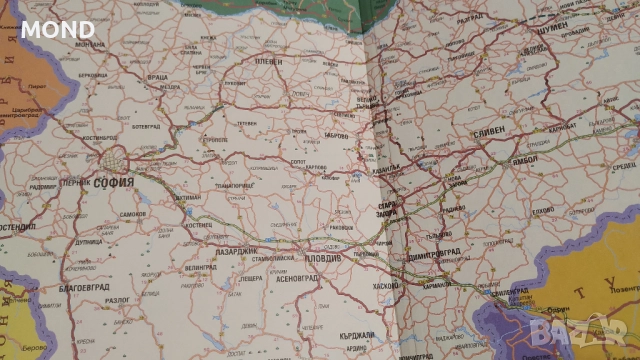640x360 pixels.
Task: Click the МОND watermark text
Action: [59, 29]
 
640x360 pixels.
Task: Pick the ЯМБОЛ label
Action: [524, 159]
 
